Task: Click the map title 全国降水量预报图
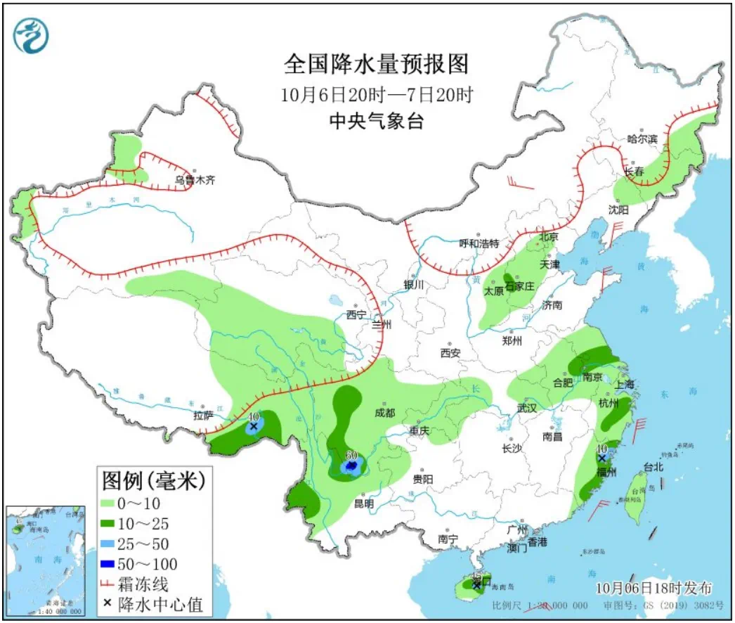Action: click(376, 65)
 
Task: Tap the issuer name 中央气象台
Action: click(377, 122)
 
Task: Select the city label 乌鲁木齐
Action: click(195, 181)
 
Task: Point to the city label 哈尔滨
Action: click(642, 139)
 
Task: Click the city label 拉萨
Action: click(203, 416)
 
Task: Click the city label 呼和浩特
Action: click(479, 243)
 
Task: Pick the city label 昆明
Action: click(363, 503)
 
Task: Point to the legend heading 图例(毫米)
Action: click(154, 481)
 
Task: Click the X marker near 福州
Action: click(601, 458)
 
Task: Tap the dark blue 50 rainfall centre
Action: click(351, 465)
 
